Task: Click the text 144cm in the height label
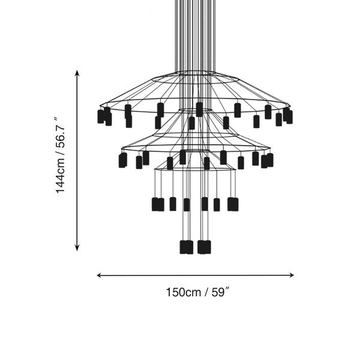(x=61, y=175)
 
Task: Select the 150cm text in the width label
(x=183, y=293)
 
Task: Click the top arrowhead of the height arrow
(x=77, y=72)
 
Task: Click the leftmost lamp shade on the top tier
(x=101, y=116)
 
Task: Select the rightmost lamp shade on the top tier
(x=289, y=116)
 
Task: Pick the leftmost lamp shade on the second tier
(x=122, y=160)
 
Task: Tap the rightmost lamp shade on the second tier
(x=269, y=160)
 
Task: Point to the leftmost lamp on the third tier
(x=155, y=204)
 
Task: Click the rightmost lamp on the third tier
(x=235, y=204)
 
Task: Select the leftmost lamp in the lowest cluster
(x=184, y=247)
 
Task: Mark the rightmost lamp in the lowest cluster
(x=207, y=247)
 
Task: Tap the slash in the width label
(x=205, y=293)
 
